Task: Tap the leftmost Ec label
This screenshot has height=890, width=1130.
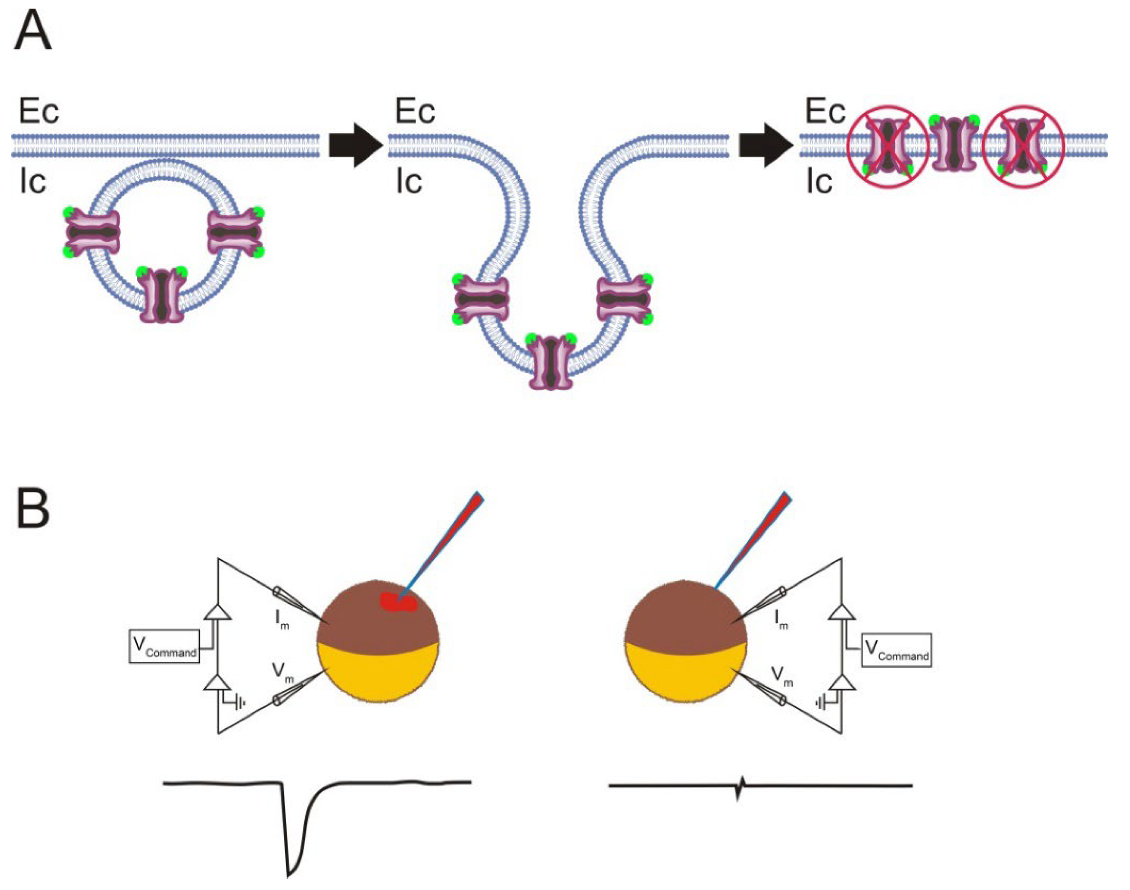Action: pyautogui.click(x=39, y=111)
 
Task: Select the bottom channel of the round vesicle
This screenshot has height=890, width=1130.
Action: pyautogui.click(x=161, y=295)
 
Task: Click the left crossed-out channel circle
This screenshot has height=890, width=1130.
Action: pyautogui.click(x=888, y=147)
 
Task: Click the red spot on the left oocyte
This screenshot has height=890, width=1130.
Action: pyautogui.click(x=398, y=602)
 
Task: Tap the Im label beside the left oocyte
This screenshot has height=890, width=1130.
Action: pyautogui.click(x=281, y=620)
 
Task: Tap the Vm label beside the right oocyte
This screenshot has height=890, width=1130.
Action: pyautogui.click(x=782, y=676)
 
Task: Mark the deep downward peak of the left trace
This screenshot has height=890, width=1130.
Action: pyautogui.click(x=290, y=871)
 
